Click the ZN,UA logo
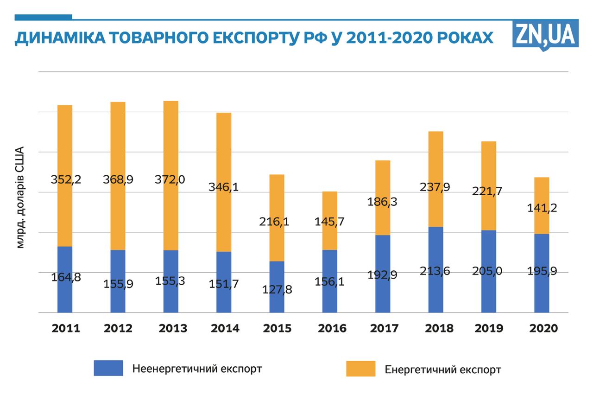(545, 34)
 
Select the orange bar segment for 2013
(170, 139)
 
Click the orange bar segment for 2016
(330, 204)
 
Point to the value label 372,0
(170, 179)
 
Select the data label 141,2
(542, 208)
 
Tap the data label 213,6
(435, 271)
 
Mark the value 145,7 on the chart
(330, 221)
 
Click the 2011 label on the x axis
(66, 328)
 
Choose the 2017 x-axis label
(385, 328)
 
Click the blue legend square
(108, 368)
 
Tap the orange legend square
(361, 369)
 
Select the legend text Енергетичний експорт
(443, 370)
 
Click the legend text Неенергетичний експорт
(197, 369)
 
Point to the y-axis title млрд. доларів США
(20, 198)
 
